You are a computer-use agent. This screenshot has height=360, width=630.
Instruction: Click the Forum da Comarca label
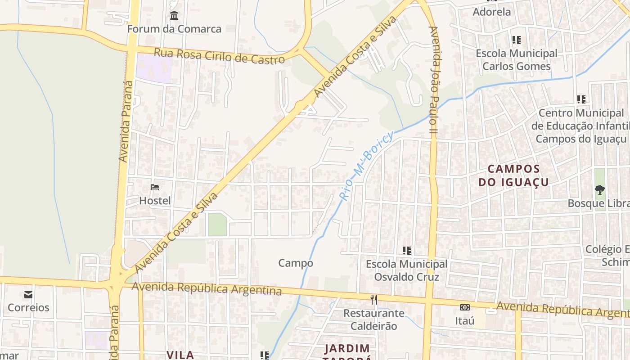(x=174, y=29)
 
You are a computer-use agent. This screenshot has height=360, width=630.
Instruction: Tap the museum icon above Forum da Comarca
(x=174, y=17)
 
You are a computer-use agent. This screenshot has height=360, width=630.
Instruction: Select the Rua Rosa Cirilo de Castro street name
(x=219, y=56)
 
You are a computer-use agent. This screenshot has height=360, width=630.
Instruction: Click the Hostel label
(x=155, y=200)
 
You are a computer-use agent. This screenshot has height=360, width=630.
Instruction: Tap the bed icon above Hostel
(x=155, y=187)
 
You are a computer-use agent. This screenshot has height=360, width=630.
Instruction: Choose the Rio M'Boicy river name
(x=366, y=165)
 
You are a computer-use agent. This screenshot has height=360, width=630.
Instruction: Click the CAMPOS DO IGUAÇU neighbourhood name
(x=513, y=175)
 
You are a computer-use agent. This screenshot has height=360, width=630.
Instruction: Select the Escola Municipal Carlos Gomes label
(x=516, y=60)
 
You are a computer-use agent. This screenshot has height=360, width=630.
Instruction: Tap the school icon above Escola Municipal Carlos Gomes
(x=517, y=40)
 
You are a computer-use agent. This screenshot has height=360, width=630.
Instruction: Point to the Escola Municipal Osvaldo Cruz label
(x=406, y=270)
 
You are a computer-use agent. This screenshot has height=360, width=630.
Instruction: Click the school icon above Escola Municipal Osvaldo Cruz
(x=407, y=250)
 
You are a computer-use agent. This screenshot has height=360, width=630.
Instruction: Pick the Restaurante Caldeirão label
(x=374, y=319)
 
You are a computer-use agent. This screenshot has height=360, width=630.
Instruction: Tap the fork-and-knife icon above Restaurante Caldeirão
(x=374, y=299)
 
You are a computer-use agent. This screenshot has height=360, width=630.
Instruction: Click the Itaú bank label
(x=465, y=321)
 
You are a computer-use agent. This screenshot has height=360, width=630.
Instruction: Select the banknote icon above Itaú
(x=465, y=307)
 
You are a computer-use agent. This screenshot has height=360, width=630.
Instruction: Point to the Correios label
(x=28, y=308)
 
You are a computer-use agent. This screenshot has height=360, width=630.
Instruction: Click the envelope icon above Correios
(x=28, y=295)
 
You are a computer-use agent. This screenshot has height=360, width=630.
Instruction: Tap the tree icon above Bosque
(x=599, y=190)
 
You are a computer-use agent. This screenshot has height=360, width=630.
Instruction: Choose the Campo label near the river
(x=296, y=263)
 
